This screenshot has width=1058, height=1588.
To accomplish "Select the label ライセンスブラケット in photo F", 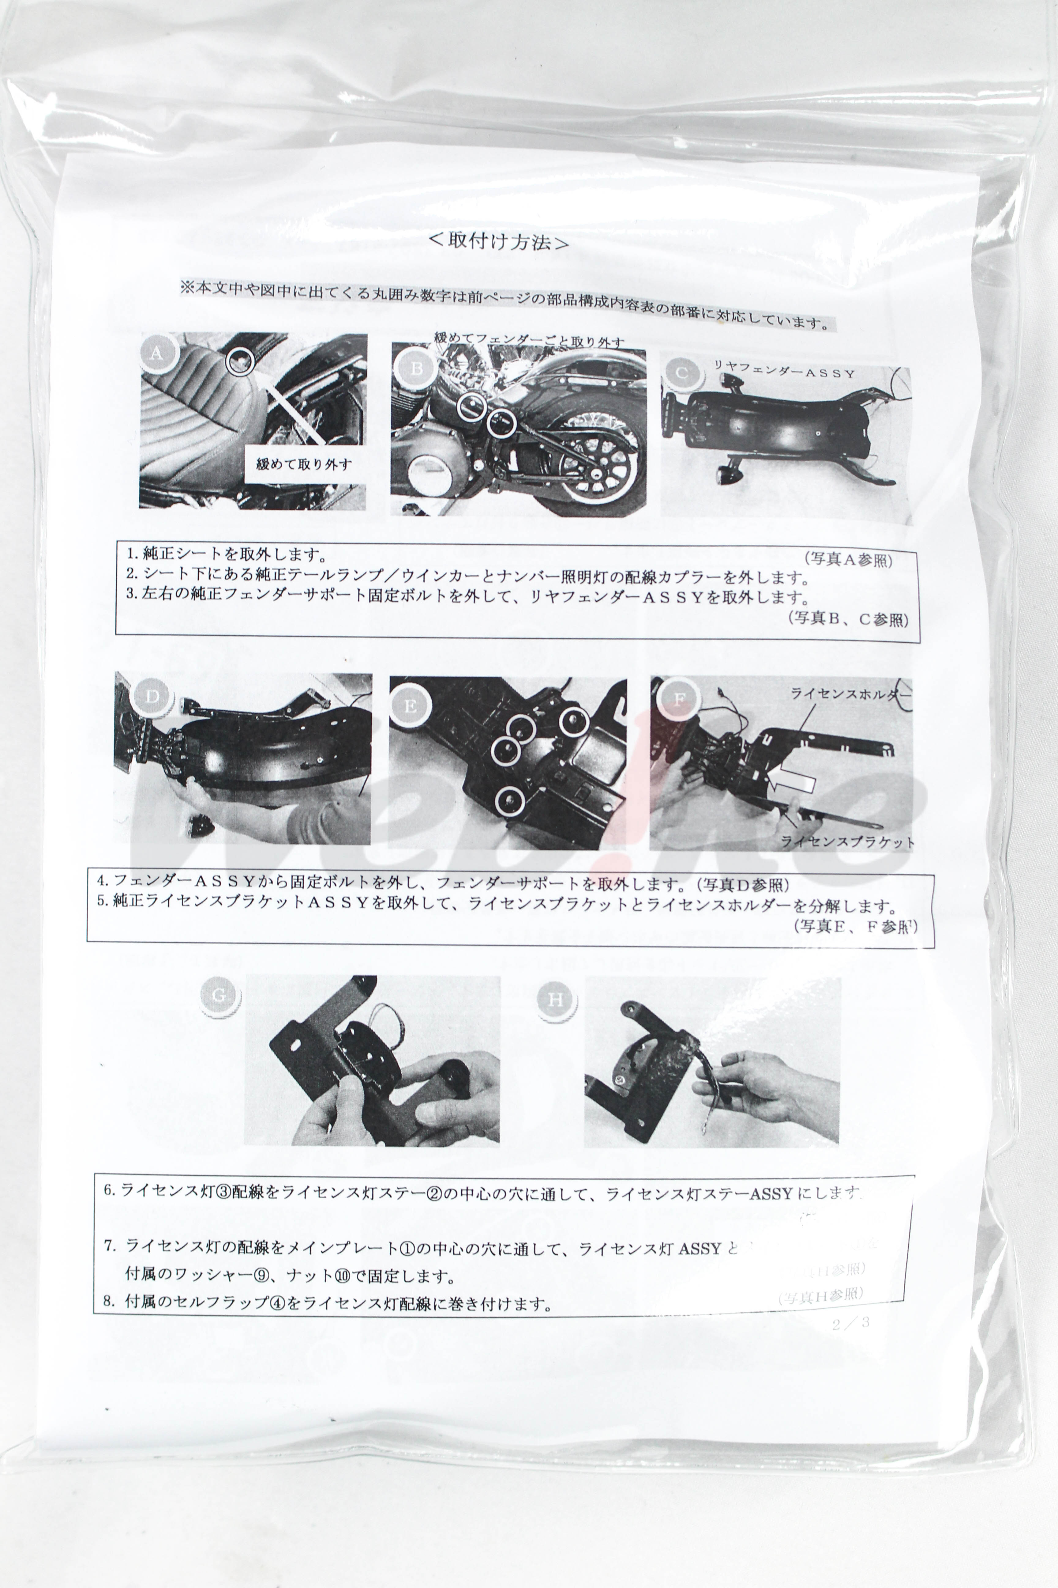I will pyautogui.click(x=847, y=842).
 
